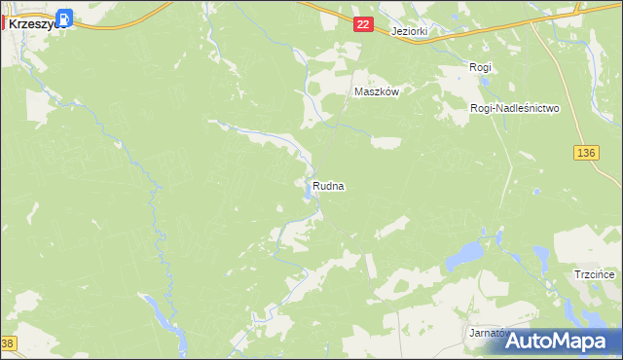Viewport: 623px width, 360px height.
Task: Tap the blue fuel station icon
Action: click(x=64, y=17)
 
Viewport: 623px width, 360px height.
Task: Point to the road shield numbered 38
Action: click(x=8, y=344)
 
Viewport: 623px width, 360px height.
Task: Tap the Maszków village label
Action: click(x=378, y=91)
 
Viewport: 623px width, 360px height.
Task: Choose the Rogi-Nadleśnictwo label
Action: click(x=514, y=109)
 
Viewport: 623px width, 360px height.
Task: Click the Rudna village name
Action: click(x=329, y=185)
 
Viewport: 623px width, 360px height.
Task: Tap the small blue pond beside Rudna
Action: click(x=308, y=194)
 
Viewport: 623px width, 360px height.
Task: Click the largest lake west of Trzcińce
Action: click(x=465, y=257)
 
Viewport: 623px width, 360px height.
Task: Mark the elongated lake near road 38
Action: click(x=165, y=314)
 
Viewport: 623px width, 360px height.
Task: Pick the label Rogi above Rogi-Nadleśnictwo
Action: click(x=480, y=67)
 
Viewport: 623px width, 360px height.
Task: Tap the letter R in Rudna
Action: click(x=315, y=185)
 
